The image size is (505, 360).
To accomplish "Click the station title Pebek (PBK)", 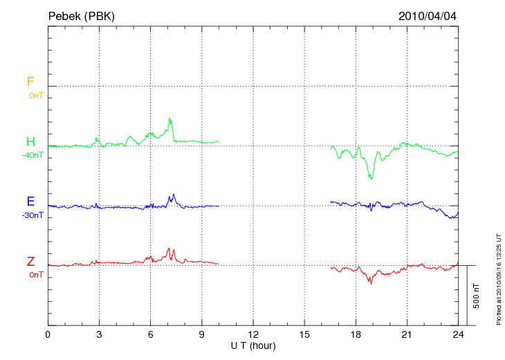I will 82,16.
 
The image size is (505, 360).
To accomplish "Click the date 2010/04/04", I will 428,16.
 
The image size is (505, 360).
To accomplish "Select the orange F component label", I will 30,82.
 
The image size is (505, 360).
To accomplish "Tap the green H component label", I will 30,142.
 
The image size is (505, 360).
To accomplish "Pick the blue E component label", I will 30,201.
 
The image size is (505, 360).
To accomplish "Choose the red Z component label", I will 30,262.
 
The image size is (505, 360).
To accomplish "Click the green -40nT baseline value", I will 33,155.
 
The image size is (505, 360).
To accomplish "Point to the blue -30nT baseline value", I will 33,215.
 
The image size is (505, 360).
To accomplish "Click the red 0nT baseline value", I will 36,275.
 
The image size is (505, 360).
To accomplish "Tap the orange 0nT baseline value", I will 36,95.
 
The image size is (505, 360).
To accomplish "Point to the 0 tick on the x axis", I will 48,335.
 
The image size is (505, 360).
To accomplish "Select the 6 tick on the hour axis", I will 150,335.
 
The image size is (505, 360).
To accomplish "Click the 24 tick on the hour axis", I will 458,335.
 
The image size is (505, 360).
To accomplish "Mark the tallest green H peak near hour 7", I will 170,118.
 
